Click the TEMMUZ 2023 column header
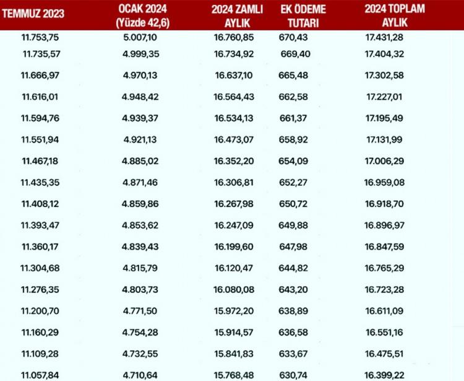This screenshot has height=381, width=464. pyautogui.click(x=33, y=14)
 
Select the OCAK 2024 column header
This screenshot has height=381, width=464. pyautogui.click(x=143, y=16)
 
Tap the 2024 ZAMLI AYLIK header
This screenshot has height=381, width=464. pyautogui.click(x=237, y=16)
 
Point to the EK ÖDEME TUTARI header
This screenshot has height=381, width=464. pyautogui.click(x=303, y=16)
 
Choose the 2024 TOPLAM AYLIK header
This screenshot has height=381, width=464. pyautogui.click(x=395, y=15)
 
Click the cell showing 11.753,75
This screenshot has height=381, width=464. pyautogui.click(x=40, y=37)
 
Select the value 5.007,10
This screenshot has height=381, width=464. pyautogui.click(x=140, y=37)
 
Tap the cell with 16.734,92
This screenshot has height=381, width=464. pyautogui.click(x=234, y=54)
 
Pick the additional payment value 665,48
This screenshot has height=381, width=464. pyautogui.click(x=293, y=75)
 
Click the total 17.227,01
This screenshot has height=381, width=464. pyautogui.click(x=384, y=97)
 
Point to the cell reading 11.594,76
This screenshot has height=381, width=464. pyautogui.click(x=40, y=118)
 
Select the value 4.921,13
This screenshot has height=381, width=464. pyautogui.click(x=140, y=139)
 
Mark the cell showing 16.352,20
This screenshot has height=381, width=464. pyautogui.click(x=234, y=161)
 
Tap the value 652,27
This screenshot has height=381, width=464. pyautogui.click(x=293, y=182)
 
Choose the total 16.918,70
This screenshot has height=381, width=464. pyautogui.click(x=384, y=204)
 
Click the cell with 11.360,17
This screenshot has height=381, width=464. pyautogui.click(x=40, y=247)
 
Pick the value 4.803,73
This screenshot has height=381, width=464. pyautogui.click(x=140, y=289)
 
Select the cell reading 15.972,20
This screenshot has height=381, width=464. pyautogui.click(x=234, y=311)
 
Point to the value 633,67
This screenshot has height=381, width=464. pyautogui.click(x=293, y=354)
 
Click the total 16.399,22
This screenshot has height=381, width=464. pyautogui.click(x=384, y=375)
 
